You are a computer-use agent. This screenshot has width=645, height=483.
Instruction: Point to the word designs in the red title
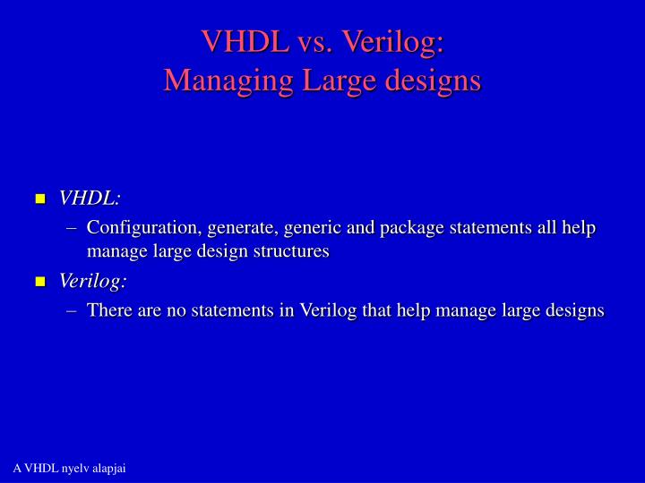pyautogui.click(x=433, y=81)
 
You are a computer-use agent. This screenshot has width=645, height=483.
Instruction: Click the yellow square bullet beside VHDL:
pyautogui.click(x=39, y=199)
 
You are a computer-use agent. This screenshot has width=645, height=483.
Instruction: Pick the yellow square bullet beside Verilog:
pyautogui.click(x=39, y=283)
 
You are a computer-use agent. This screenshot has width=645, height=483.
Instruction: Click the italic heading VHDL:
pyautogui.click(x=90, y=198)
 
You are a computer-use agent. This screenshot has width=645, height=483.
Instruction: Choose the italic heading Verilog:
pyautogui.click(x=93, y=281)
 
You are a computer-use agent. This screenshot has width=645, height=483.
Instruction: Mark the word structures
pyautogui.click(x=292, y=252)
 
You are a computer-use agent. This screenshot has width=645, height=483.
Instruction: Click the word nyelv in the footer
pyautogui.click(x=73, y=469)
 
